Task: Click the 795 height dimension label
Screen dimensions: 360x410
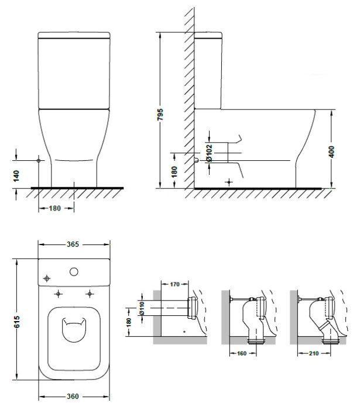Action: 160,115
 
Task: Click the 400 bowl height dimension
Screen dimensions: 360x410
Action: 331,152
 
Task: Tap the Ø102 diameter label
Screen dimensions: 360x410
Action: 209,153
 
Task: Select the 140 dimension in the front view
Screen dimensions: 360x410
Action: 16,176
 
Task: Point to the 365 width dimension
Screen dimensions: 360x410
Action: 73,244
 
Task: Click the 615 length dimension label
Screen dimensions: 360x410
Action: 16,322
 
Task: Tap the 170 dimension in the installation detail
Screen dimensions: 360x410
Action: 174,284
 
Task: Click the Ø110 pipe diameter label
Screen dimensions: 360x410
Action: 142,308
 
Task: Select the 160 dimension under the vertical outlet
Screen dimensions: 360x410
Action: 242,353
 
